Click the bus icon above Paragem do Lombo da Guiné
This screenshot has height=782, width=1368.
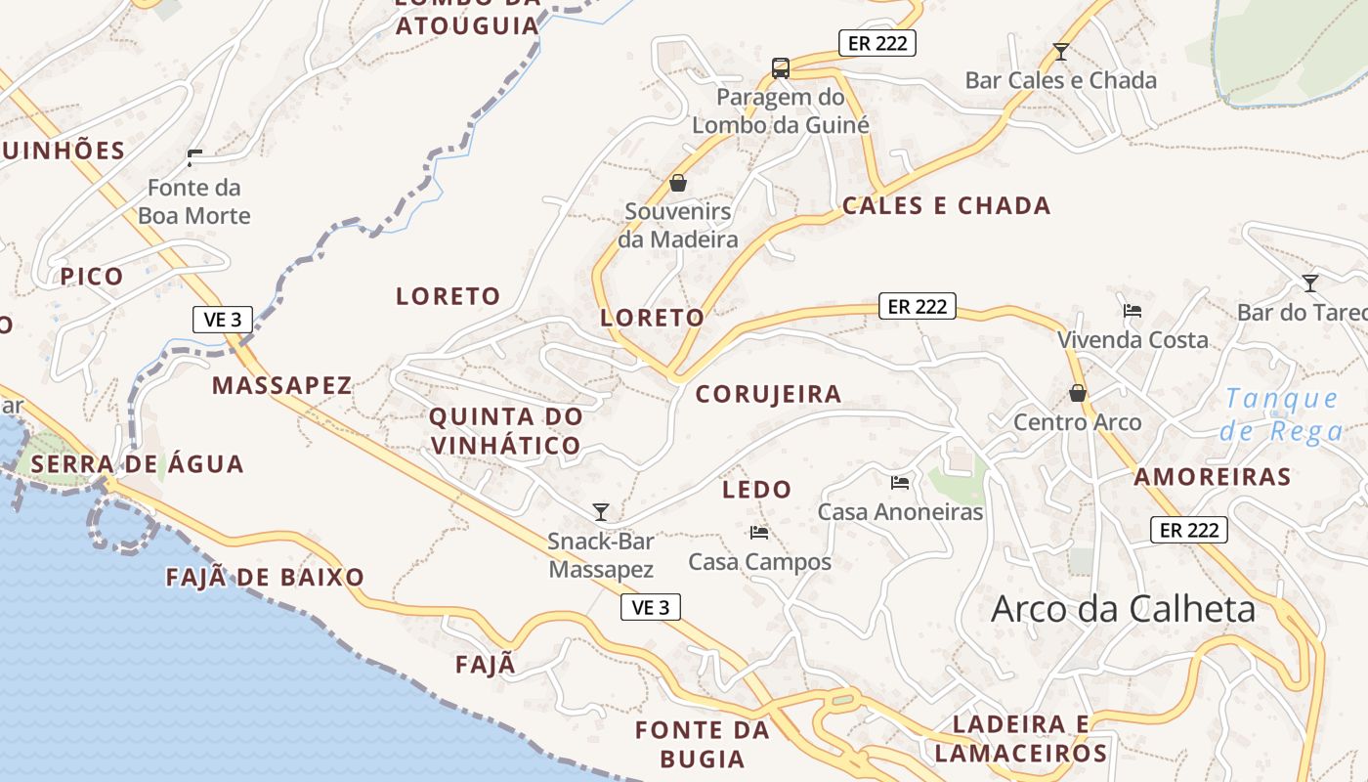pos(780,67)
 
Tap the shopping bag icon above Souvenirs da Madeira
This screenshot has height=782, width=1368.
pos(678,183)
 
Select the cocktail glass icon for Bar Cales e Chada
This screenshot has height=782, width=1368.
pos(1061,52)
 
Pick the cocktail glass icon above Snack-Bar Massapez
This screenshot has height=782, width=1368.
pos(601,511)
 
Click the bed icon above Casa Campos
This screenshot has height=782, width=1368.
pos(759,533)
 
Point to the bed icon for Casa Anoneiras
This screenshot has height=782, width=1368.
pos(900,482)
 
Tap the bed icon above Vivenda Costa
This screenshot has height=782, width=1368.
pos(1133,311)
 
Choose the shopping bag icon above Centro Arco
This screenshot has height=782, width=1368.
pos(1078,393)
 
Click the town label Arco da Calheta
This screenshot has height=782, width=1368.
pos(1123,609)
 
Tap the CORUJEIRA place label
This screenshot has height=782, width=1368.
pos(768,394)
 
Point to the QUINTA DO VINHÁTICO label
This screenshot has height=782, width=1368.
pos(506,431)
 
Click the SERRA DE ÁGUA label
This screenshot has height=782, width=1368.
pos(137,464)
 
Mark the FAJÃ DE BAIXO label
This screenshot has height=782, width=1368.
pos(265,577)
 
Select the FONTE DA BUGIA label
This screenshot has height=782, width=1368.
pos(703,744)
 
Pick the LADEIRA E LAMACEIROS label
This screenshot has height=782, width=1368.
pos(1021,738)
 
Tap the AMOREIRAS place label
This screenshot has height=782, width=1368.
pos(1213,477)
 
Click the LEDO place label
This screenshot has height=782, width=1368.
pos(756,490)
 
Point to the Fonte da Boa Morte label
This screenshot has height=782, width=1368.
pos(193,201)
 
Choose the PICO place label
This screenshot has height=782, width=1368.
pos(92,277)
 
